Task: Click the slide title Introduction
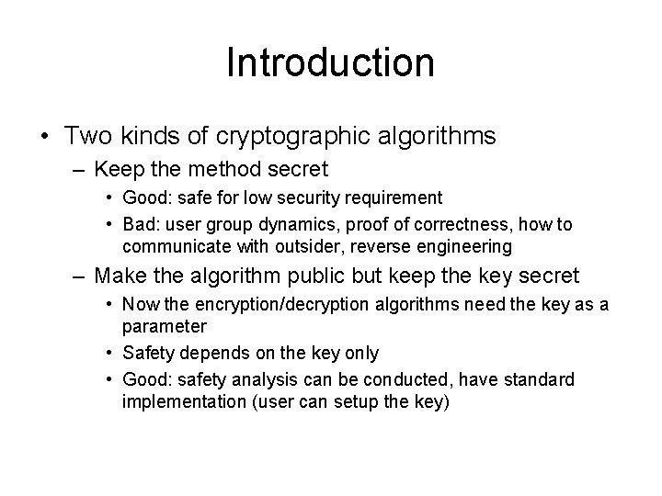pos(330,63)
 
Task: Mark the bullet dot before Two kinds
pos(44,137)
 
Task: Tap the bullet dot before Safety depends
pos(109,354)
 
